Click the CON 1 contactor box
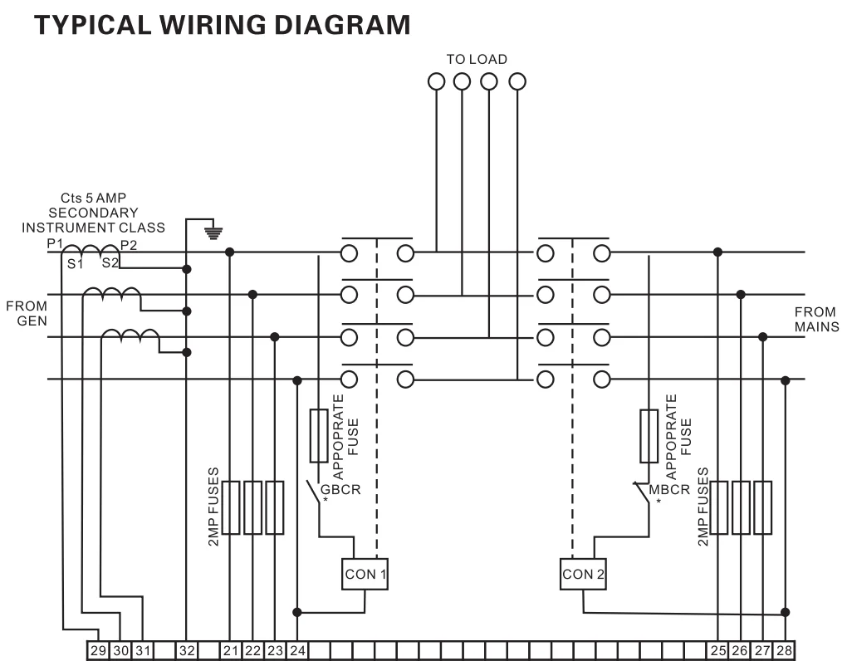pyautogui.click(x=365, y=574)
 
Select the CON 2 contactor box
pyautogui.click(x=583, y=574)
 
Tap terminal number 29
pyautogui.click(x=98, y=651)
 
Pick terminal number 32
pyautogui.click(x=186, y=651)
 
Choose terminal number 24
pyautogui.click(x=297, y=651)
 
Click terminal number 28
pyautogui.click(x=785, y=651)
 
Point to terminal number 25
pyautogui.click(x=718, y=651)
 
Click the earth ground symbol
pyautogui.click(x=213, y=233)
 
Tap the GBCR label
pyautogui.click(x=340, y=489)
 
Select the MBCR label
pyautogui.click(x=669, y=489)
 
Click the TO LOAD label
pyautogui.click(x=477, y=60)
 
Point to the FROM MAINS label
pyautogui.click(x=816, y=319)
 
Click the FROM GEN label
pyautogui.click(x=27, y=313)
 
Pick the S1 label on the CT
pyautogui.click(x=75, y=264)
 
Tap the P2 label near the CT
pyautogui.click(x=129, y=245)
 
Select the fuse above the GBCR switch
pyautogui.click(x=319, y=436)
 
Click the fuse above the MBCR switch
pyautogui.click(x=649, y=436)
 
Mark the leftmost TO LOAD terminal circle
pyautogui.click(x=437, y=81)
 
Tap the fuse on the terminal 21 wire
pyautogui.click(x=231, y=507)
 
